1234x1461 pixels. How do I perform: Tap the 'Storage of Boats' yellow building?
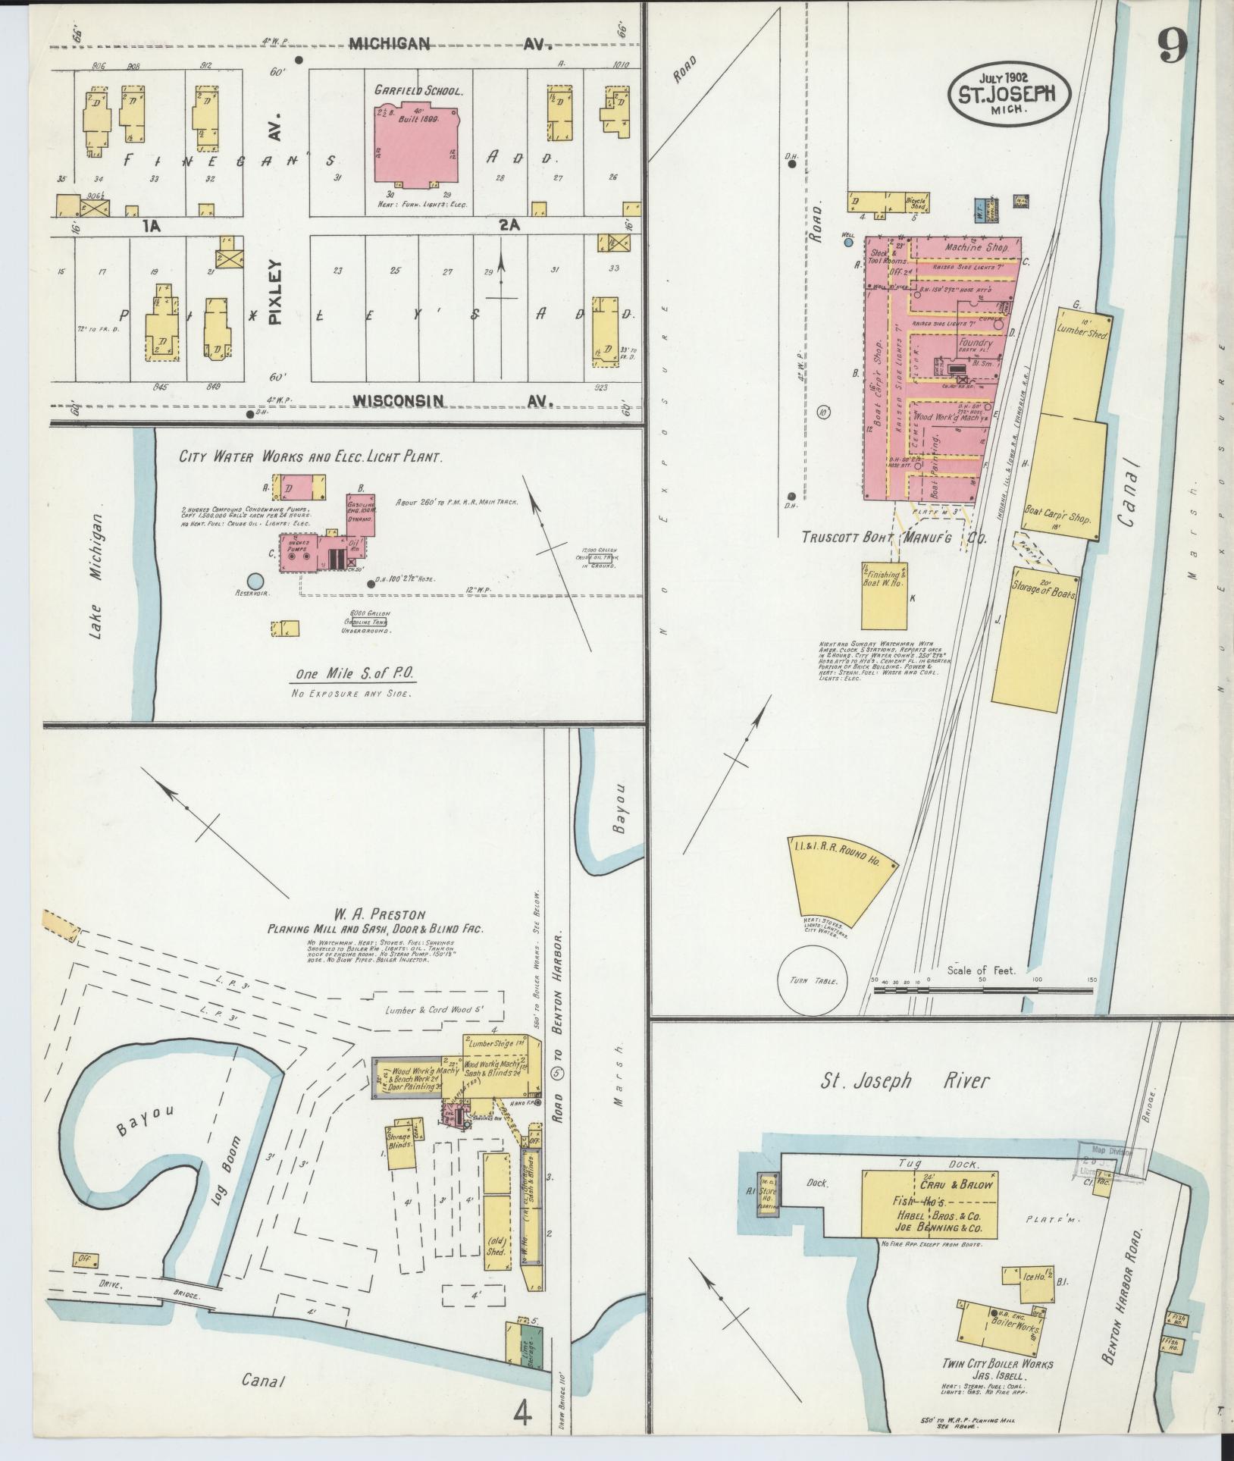tap(1035, 644)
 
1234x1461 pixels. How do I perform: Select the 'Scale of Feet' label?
tap(981, 970)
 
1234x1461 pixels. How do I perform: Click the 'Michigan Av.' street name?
tap(448, 45)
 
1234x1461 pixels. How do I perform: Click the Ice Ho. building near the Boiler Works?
tap(1028, 1276)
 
